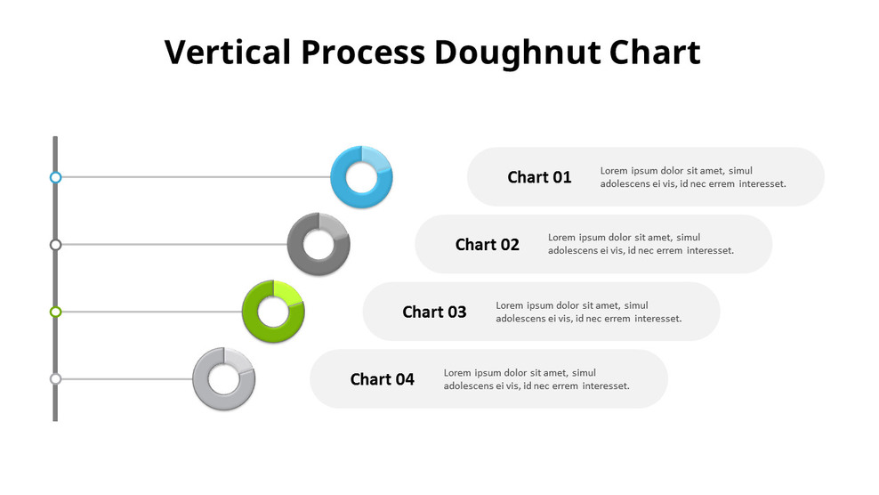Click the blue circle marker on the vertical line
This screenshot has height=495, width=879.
(55, 177)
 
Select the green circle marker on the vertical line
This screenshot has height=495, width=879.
(55, 312)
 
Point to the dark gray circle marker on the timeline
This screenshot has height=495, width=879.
(55, 244)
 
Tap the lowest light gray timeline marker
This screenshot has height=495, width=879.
(55, 379)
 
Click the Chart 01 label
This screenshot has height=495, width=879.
(539, 177)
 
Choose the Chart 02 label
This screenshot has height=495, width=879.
(487, 245)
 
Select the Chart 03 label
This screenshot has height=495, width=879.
(434, 312)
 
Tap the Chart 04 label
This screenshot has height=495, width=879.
(382, 379)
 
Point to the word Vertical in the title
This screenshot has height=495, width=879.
(228, 53)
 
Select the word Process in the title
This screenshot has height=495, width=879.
(363, 53)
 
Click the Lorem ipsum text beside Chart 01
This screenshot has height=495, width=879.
(692, 177)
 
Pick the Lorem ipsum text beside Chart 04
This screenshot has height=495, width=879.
(536, 379)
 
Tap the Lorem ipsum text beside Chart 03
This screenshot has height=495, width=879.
(588, 312)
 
